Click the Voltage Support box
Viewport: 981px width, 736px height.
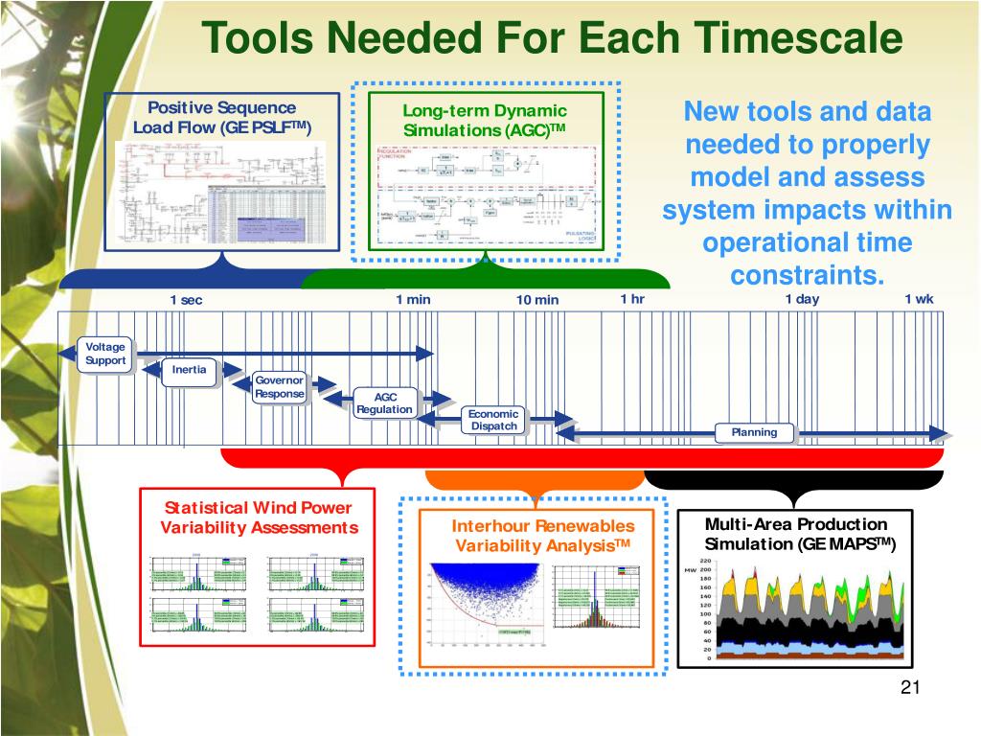105,354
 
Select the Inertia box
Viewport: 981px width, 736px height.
189,370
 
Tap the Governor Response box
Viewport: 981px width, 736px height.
280,387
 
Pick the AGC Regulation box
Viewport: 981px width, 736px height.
384,403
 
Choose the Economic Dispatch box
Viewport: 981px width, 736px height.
493,420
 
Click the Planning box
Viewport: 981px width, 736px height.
755,432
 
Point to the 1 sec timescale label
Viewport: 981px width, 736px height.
187,300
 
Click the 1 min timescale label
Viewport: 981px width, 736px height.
413,299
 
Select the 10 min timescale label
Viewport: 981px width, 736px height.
536,300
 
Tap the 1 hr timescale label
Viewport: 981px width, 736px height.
632,299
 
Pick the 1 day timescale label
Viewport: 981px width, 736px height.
802,299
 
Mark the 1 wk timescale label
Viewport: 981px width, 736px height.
919,299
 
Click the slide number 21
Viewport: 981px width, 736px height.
910,688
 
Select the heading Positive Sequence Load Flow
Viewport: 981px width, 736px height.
221,118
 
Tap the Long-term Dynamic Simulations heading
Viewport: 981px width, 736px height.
485,121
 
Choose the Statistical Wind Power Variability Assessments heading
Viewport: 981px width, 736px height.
259,517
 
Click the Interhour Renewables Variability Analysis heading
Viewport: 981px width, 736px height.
543,536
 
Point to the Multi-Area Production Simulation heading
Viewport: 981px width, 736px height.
796,534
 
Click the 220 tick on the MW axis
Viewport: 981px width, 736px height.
705,562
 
